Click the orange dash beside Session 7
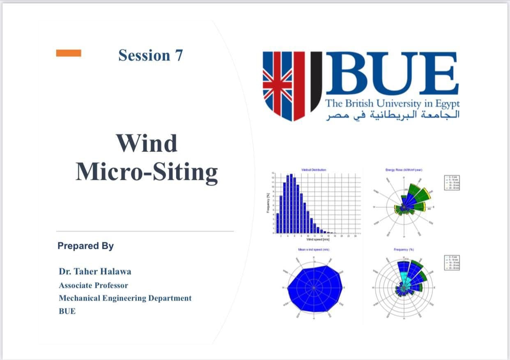(x=69, y=53)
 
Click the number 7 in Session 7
(x=179, y=55)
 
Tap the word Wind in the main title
(x=147, y=143)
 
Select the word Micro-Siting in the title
(x=147, y=172)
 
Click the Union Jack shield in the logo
(x=284, y=85)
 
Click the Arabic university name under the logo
(x=393, y=115)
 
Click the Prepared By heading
(x=85, y=246)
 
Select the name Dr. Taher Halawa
(x=95, y=271)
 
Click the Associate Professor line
(x=93, y=285)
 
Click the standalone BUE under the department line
(x=67, y=311)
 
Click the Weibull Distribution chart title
(x=314, y=170)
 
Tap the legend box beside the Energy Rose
(x=453, y=183)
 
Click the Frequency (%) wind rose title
(x=404, y=249)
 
